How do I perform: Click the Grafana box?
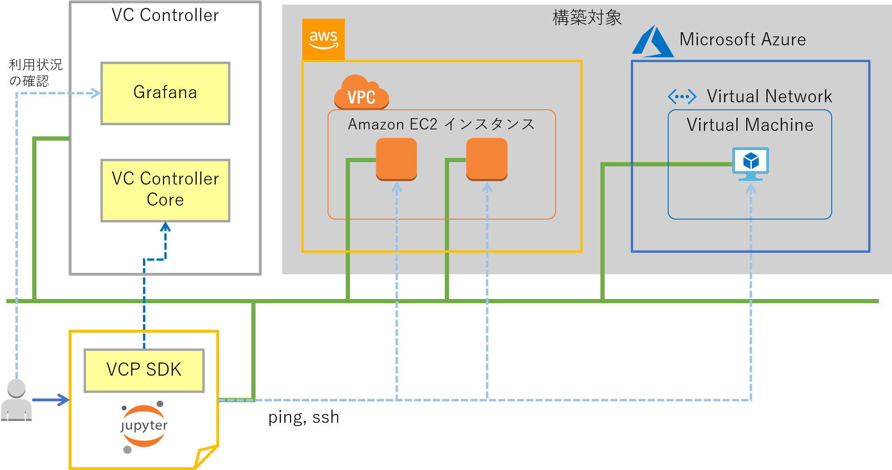(165, 93)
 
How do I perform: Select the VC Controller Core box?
(165, 190)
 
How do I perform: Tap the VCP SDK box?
(144, 370)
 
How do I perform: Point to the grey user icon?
(16, 400)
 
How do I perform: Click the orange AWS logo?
(323, 39)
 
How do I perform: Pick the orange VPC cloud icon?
(361, 93)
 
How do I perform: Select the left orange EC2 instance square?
(396, 159)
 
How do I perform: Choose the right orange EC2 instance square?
(486, 159)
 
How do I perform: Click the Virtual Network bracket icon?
(682, 97)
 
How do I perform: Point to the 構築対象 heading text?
(587, 18)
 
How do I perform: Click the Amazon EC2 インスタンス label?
(441, 124)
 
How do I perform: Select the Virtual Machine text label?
(750, 125)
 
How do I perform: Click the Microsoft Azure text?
(742, 40)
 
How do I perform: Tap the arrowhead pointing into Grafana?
(96, 93)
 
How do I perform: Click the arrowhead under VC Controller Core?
(165, 227)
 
